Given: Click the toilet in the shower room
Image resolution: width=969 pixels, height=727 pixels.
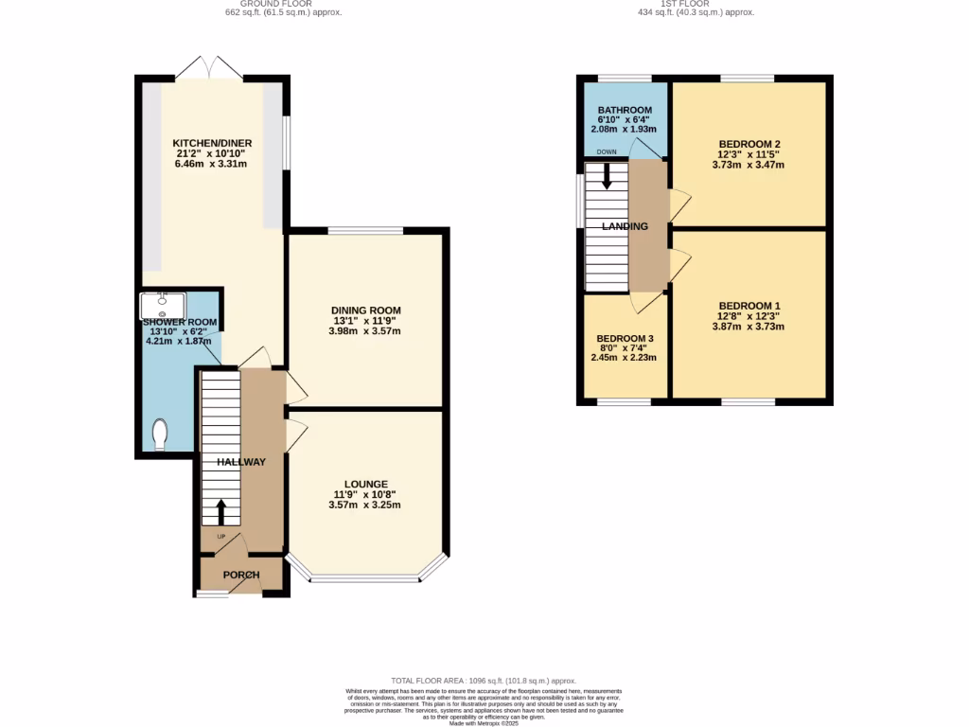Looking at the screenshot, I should (x=160, y=435).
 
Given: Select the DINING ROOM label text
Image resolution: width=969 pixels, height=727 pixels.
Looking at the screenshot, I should (x=365, y=310).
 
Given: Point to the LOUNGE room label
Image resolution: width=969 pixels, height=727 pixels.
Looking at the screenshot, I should (x=365, y=485).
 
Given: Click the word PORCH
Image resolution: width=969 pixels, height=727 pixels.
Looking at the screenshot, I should (x=241, y=576).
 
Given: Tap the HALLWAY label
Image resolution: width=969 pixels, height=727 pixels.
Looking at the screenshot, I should (x=241, y=462).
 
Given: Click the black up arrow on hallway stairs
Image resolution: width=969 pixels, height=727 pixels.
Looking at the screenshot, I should (x=221, y=512).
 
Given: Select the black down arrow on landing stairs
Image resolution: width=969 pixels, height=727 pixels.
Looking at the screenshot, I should (x=607, y=177).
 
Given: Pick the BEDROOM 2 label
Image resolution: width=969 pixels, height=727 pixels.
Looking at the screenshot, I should (x=749, y=144).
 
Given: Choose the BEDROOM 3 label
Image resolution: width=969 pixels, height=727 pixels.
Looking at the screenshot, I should (x=624, y=338).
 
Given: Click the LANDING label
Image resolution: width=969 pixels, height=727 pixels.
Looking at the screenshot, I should (x=625, y=226).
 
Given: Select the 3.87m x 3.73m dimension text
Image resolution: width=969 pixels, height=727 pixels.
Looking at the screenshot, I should (x=749, y=327).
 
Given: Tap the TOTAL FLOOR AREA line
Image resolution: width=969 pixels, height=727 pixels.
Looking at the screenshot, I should (x=484, y=681).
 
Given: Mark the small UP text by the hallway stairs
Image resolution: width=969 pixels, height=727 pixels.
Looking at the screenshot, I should (x=222, y=537).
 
